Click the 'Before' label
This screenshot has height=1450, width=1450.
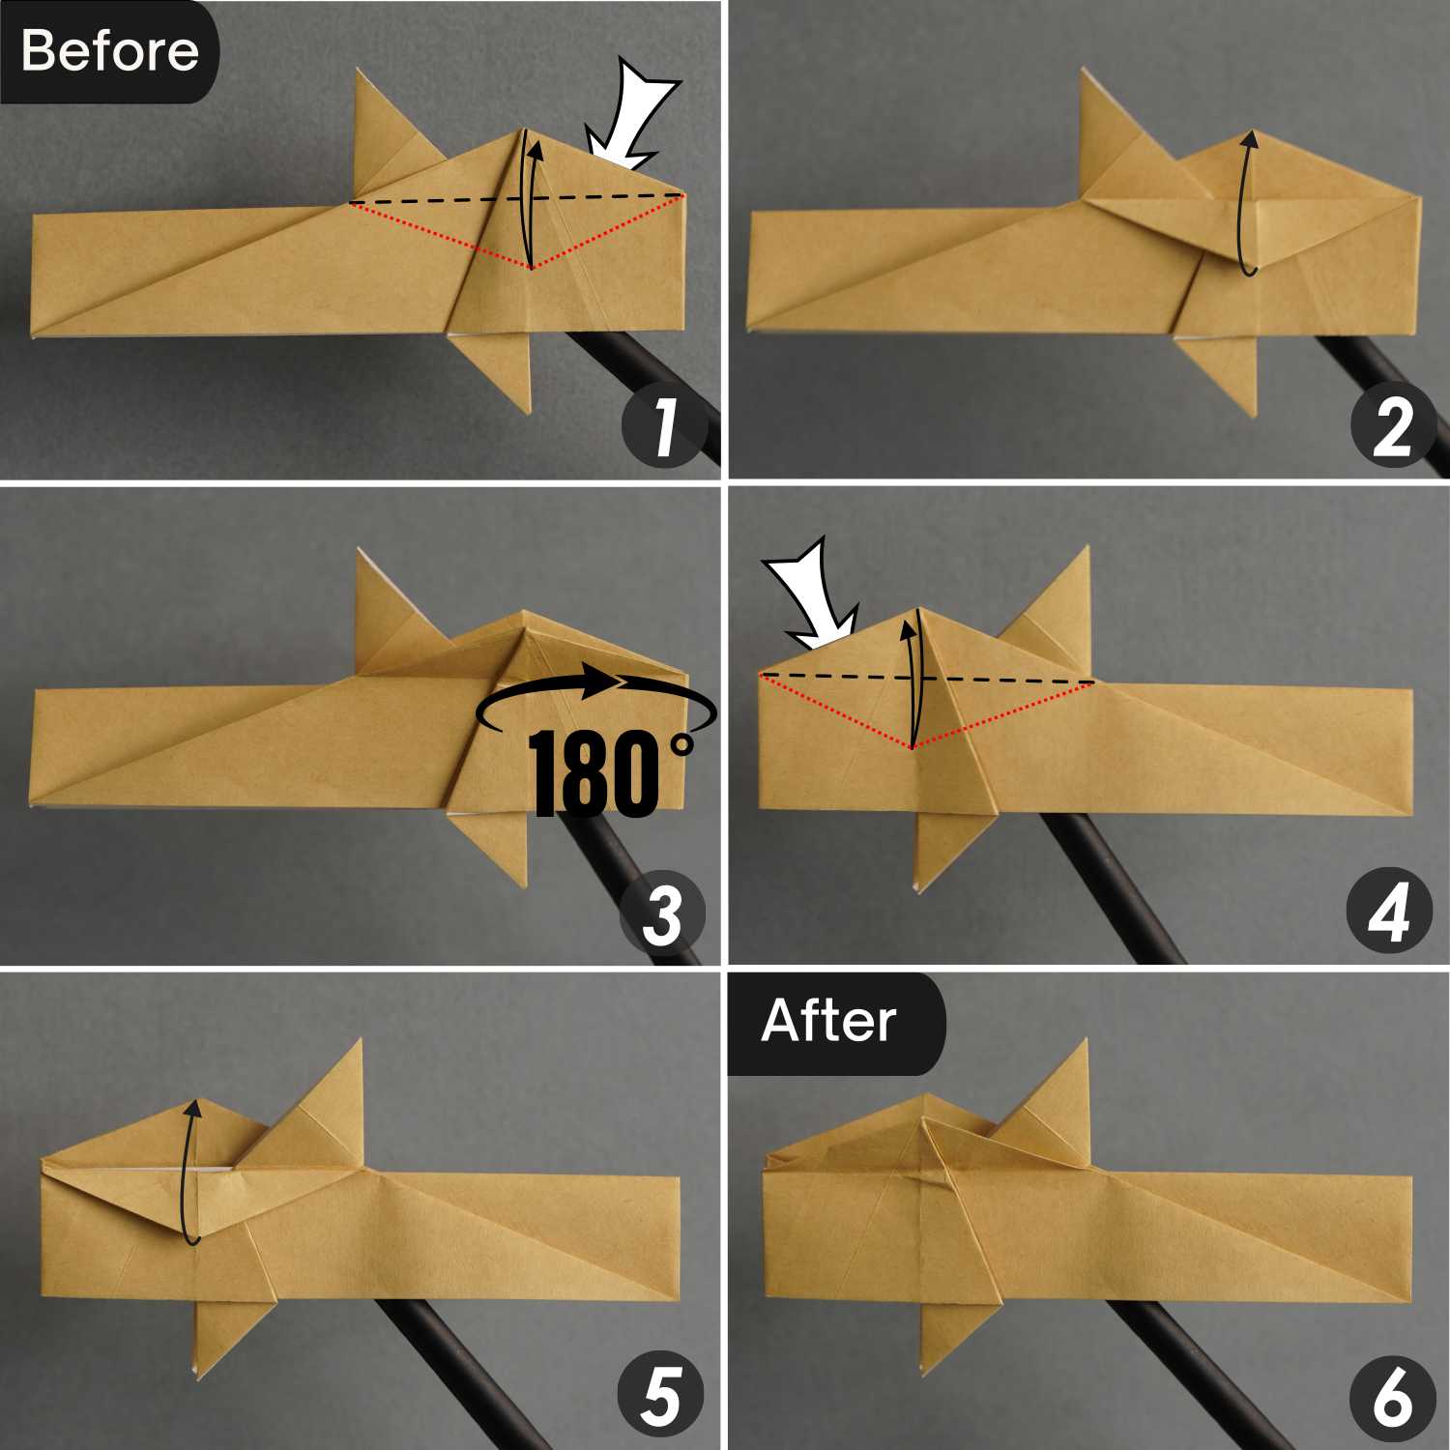click(109, 50)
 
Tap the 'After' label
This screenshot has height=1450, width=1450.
click(828, 1021)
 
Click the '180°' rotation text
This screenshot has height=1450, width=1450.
click(611, 774)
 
